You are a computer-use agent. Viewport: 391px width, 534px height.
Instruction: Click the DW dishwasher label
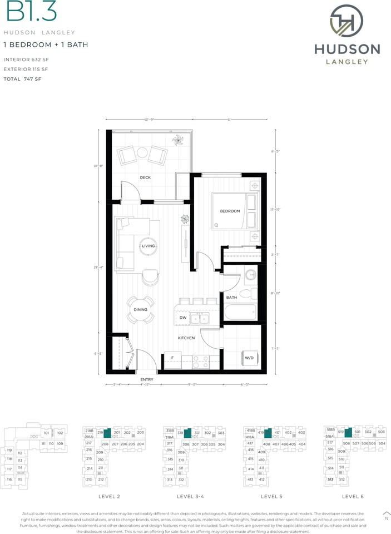182,318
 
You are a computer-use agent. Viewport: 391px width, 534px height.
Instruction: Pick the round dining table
141,310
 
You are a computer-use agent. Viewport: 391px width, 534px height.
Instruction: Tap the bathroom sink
251,275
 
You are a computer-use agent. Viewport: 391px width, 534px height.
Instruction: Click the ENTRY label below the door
147,380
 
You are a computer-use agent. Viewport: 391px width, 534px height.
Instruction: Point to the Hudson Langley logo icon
347,21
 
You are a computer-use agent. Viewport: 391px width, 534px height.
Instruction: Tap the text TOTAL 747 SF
23,79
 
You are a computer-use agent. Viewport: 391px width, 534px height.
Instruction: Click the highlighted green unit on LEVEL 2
108,432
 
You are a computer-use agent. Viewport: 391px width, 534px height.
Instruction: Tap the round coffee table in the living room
149,246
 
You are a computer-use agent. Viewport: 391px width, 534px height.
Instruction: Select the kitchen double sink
200,318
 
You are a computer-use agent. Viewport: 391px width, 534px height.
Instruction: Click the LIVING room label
149,246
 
